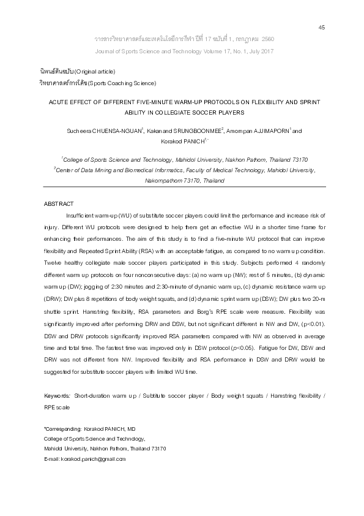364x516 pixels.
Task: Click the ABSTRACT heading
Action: pyautogui.click(x=59, y=203)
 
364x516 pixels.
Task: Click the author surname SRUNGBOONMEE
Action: pyautogui.click(x=193, y=131)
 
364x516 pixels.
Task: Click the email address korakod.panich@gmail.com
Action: pyautogui.click(x=93, y=458)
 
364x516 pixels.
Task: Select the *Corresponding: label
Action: pyautogui.click(x=62, y=429)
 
